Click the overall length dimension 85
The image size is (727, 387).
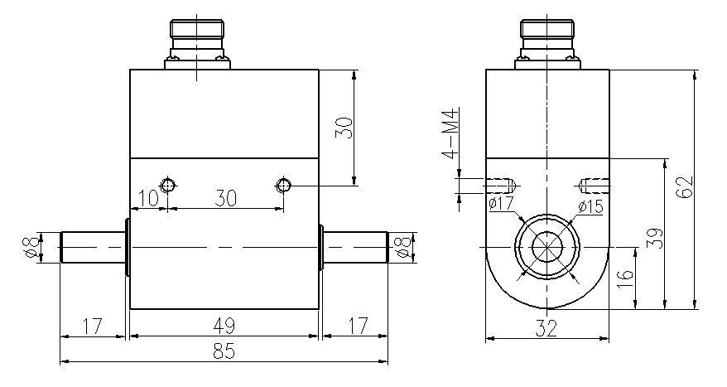[224, 351]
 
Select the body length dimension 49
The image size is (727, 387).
[224, 325]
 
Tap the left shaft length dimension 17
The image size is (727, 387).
[92, 325]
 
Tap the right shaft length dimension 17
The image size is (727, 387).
[354, 325]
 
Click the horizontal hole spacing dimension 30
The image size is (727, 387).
[225, 198]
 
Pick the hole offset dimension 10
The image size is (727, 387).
[148, 198]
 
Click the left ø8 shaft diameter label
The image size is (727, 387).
[31, 246]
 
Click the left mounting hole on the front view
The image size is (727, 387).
[168, 185]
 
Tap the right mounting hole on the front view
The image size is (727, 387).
[284, 185]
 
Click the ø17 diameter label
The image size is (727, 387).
[501, 203]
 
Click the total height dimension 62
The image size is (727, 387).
[684, 187]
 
